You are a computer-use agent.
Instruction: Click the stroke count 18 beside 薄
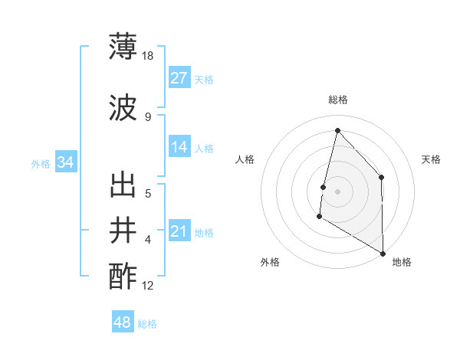(x=149, y=56)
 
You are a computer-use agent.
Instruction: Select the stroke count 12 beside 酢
(x=149, y=286)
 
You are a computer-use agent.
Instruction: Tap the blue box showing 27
(x=179, y=78)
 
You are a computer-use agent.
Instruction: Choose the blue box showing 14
(x=179, y=147)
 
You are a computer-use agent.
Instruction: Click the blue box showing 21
(x=179, y=231)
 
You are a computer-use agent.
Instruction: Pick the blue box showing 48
(x=123, y=322)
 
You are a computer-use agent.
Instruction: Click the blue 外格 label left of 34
(x=41, y=163)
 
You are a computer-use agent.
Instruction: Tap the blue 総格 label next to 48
(x=147, y=324)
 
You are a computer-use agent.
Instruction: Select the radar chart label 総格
(x=338, y=100)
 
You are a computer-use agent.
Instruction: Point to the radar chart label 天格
(x=432, y=159)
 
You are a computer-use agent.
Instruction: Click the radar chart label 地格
(x=402, y=262)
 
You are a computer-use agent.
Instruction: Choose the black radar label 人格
(x=245, y=159)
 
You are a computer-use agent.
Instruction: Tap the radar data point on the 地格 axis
(x=383, y=253)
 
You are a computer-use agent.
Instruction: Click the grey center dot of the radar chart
(x=337, y=191)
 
